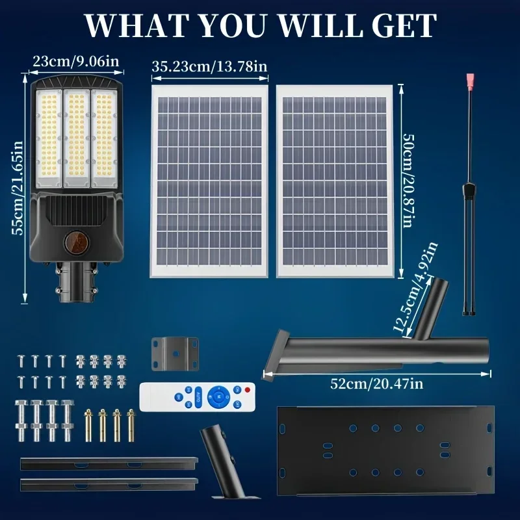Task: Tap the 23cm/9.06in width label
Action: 76,61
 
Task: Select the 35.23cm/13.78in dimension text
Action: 209,66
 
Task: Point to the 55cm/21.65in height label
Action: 18,188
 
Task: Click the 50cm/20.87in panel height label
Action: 409,181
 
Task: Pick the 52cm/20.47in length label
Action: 377,383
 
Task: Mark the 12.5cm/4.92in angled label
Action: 415,287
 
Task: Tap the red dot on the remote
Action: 247,389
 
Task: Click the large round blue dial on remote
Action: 218,396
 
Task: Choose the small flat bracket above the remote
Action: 175,354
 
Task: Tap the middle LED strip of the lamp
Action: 77,138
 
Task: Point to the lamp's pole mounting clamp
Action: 77,281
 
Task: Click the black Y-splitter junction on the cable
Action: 469,190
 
